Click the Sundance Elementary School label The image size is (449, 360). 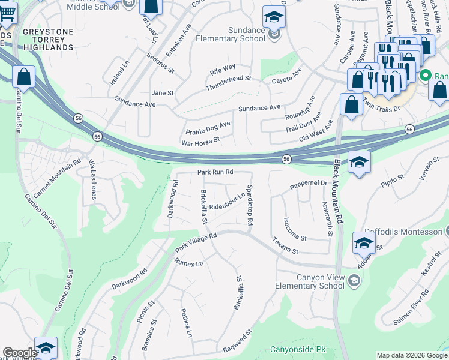(238, 34)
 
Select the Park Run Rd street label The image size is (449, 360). (215, 172)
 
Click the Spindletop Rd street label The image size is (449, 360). (249, 205)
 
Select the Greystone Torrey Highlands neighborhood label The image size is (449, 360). (48, 38)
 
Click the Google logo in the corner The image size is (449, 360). (20, 353)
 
